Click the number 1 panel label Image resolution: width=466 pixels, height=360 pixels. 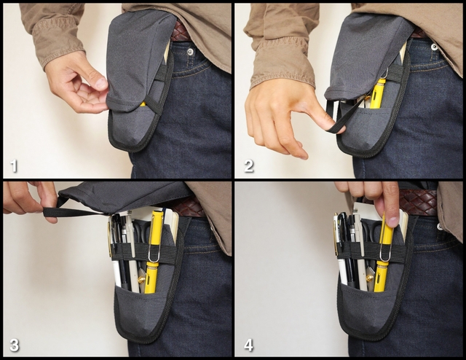pyautogui.click(x=14, y=165)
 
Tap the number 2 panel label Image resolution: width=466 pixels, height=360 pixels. pyautogui.click(x=249, y=165)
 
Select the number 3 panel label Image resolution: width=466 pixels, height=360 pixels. pyautogui.click(x=15, y=345)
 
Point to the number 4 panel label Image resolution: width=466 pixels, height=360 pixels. pyautogui.click(x=249, y=345)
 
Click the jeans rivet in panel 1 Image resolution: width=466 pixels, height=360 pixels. pyautogui.click(x=189, y=52)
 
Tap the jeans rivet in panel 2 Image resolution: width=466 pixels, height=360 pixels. pyautogui.click(x=434, y=47)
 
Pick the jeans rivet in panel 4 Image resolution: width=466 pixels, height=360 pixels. pyautogui.click(x=439, y=227)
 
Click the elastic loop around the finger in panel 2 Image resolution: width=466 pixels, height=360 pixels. pyautogui.click(x=336, y=122)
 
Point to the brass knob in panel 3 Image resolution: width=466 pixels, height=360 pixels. pyautogui.click(x=141, y=280)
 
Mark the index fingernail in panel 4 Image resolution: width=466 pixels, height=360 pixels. pyautogui.click(x=393, y=221)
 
